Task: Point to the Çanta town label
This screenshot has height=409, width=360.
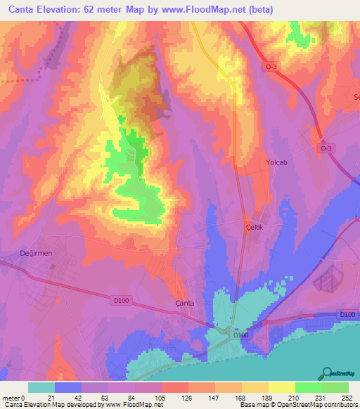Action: (184, 303)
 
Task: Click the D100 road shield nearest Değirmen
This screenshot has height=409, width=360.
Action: (122, 300)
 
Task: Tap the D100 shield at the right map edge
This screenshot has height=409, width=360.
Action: (347, 314)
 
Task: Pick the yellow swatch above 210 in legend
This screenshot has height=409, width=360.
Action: (282, 387)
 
